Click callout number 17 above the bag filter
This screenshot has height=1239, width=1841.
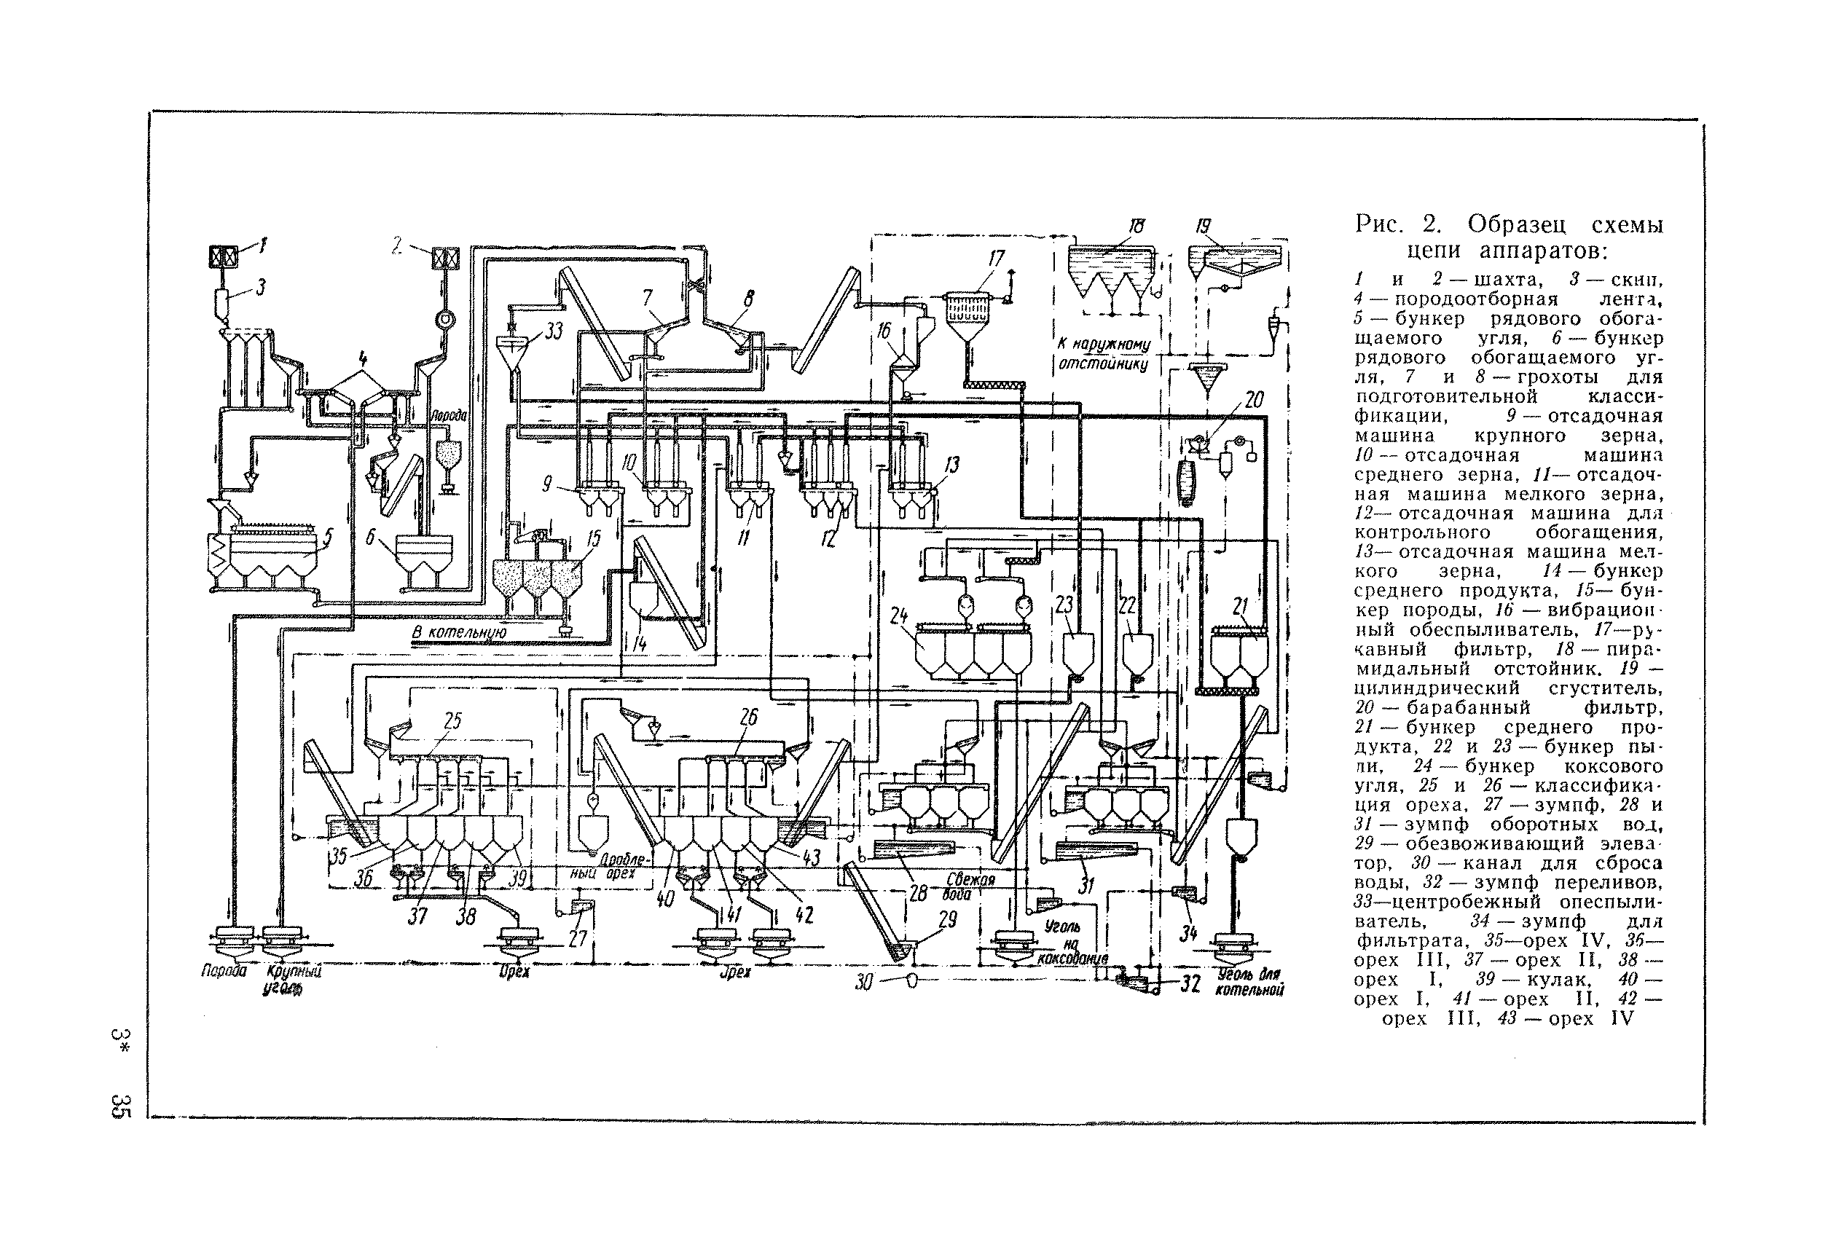(996, 259)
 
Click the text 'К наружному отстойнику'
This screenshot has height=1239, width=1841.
(1103, 355)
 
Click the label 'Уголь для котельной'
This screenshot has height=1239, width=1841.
(1251, 981)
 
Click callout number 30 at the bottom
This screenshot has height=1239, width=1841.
(863, 983)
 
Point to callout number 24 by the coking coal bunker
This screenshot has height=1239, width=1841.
(898, 615)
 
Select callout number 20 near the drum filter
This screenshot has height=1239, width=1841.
(1254, 400)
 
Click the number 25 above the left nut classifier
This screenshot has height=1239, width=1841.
(452, 720)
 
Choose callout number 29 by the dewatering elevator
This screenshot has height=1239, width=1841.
(946, 919)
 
